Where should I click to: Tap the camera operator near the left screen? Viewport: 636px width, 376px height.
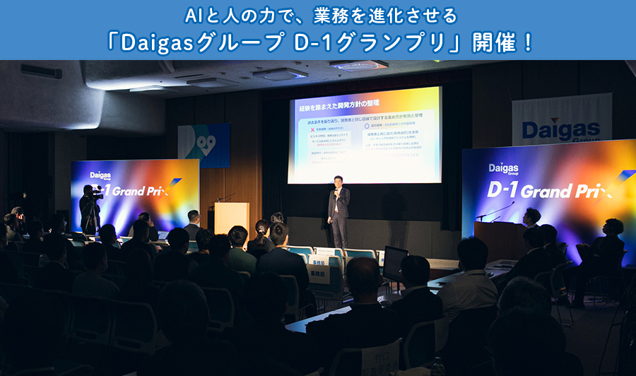pos(90,208)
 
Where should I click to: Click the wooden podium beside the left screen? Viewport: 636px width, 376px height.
pos(231,218)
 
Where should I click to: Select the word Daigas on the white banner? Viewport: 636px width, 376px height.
pos(561,130)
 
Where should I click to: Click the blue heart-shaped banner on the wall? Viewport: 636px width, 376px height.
pos(204,145)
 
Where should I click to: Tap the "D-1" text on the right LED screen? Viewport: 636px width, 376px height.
pos(502,189)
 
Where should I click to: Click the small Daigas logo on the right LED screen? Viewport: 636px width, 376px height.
pos(503,168)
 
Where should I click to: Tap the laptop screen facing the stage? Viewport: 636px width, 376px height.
pos(394,262)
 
